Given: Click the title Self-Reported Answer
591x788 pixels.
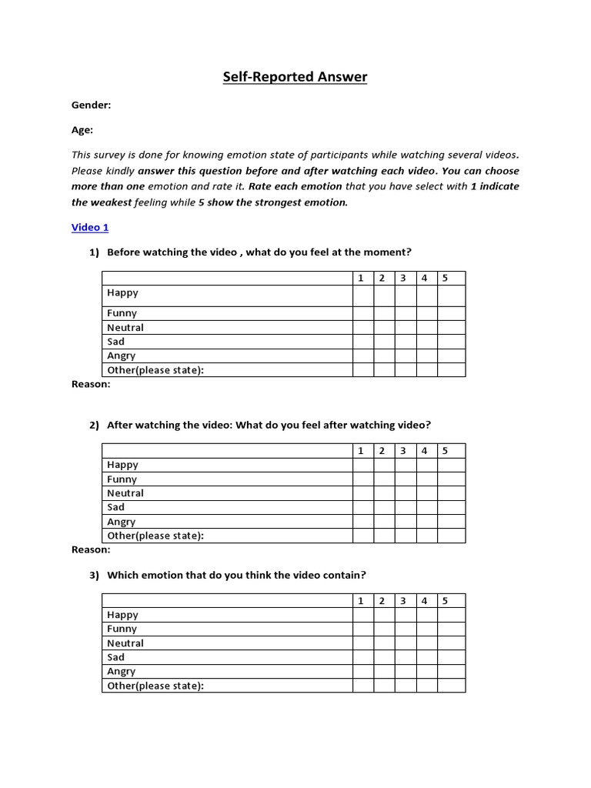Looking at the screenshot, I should [x=295, y=77].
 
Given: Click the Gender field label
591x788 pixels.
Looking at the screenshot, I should [x=91, y=105].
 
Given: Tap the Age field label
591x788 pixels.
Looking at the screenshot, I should [x=82, y=130].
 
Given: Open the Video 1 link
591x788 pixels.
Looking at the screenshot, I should [x=90, y=227].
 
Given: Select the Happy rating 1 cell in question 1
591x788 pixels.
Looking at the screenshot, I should [x=363, y=295].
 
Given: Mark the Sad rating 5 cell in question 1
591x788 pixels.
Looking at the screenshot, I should [x=452, y=342].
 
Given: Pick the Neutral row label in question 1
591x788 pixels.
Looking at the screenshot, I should [x=125, y=328].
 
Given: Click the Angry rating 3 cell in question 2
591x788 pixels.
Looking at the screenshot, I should [x=406, y=522].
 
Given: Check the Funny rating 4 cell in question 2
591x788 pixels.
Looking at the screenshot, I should [x=426, y=479].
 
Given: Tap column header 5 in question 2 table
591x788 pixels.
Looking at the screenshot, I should [x=452, y=451].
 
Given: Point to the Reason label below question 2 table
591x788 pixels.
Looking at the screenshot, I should [x=91, y=549].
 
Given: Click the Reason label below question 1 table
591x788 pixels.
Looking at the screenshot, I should [x=91, y=384].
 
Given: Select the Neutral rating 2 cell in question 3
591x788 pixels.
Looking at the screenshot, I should [x=384, y=643].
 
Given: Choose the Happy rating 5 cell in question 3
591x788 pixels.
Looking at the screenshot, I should [x=452, y=615].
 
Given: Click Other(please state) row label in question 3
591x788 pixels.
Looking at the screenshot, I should [x=155, y=686].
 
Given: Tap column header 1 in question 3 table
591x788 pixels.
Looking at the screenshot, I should [x=363, y=601].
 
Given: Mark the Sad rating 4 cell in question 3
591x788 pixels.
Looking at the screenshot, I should [x=426, y=657].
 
